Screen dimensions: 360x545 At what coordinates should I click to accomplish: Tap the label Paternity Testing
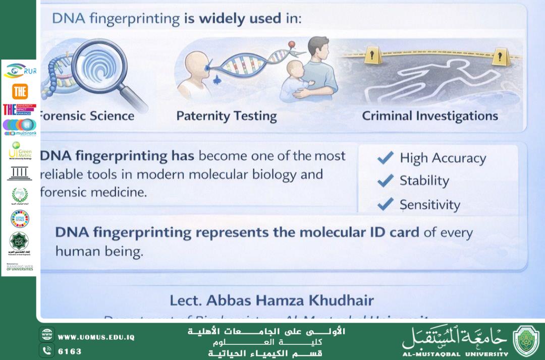[227, 116]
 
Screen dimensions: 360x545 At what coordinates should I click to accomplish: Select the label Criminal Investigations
[429, 116]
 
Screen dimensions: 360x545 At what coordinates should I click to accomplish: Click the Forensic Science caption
[87, 116]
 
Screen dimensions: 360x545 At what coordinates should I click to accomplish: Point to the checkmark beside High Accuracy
[386, 158]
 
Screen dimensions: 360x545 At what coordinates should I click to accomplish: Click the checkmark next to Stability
[386, 180]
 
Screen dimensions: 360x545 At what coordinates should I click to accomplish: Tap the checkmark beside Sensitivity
[386, 204]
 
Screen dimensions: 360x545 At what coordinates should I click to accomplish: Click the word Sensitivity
[430, 205]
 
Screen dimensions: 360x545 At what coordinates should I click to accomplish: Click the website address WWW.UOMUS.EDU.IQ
[96, 337]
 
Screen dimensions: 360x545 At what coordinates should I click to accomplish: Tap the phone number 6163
[70, 351]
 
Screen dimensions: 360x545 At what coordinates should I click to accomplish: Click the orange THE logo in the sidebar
[20, 91]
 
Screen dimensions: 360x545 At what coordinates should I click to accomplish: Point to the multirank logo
[20, 127]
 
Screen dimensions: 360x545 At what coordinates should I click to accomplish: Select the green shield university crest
[526, 340]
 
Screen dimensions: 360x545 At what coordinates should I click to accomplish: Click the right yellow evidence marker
[500, 55]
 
